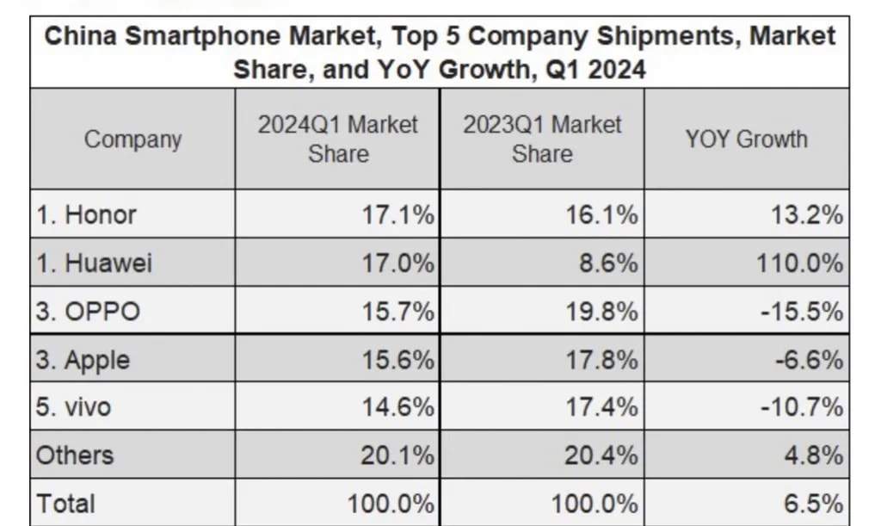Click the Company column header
(132, 139)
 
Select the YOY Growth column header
(746, 139)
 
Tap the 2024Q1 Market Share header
(337, 139)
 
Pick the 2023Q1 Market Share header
(542, 139)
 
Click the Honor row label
(86, 214)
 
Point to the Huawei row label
(94, 263)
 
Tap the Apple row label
(83, 359)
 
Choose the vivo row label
(74, 406)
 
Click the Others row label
(75, 455)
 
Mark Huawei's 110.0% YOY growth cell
(799, 263)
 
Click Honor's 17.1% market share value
(397, 214)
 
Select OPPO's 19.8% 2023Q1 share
(601, 311)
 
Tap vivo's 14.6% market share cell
(397, 406)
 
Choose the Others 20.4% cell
(601, 455)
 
